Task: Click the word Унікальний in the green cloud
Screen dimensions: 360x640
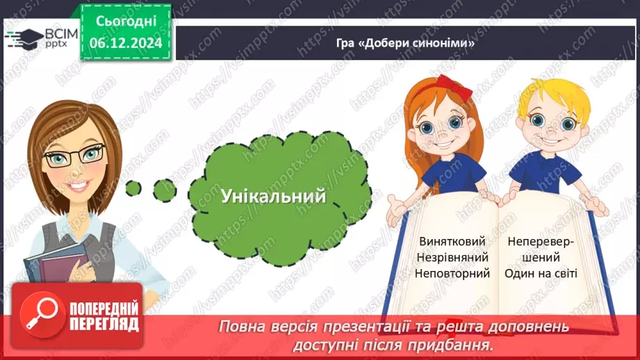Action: pos(273,196)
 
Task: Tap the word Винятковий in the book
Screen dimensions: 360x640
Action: pos(452,241)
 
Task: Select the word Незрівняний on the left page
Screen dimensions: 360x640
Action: pos(452,257)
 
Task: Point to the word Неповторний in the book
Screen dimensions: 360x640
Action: pos(452,273)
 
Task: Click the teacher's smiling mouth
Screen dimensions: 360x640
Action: pos(78,186)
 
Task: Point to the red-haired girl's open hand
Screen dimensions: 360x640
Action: pos(398,206)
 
